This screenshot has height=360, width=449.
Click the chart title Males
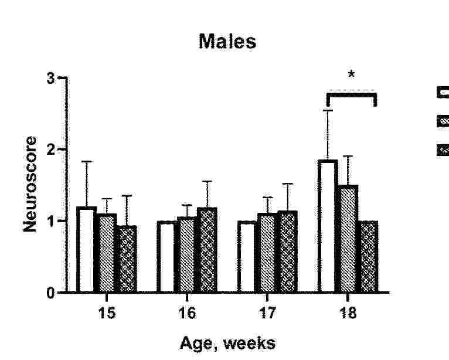tap(227, 42)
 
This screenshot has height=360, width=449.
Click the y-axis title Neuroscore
tap(30, 184)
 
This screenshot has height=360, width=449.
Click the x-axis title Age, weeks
tap(227, 342)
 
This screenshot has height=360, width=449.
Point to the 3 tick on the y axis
tap(57, 78)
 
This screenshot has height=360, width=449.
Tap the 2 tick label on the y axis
tap(57, 150)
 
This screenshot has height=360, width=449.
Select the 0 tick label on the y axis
tap(57, 292)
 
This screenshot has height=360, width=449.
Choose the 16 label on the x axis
tap(187, 313)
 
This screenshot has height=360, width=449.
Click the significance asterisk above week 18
tap(351, 75)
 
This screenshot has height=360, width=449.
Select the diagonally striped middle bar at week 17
tap(267, 253)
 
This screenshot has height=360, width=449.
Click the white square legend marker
tap(443, 92)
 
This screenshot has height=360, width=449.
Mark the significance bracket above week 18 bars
tap(351, 93)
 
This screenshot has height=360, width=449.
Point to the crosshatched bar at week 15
tap(126, 259)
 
